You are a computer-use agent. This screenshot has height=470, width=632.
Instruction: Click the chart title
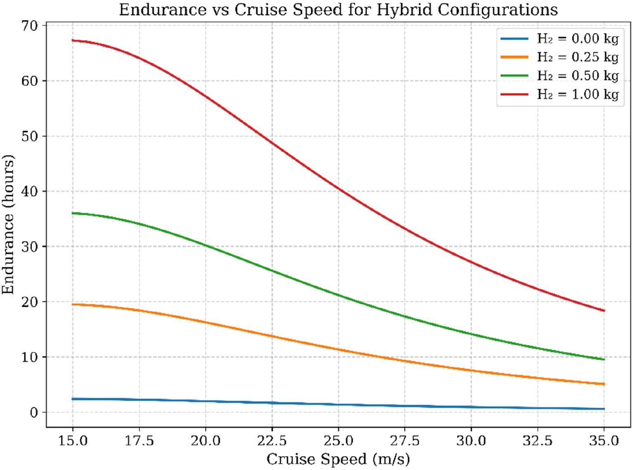click(338, 9)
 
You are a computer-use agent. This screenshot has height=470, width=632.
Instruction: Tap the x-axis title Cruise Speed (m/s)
click(338, 459)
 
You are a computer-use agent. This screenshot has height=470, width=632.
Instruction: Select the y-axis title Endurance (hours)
click(8, 225)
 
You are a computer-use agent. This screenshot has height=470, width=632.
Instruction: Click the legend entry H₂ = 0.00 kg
click(577, 39)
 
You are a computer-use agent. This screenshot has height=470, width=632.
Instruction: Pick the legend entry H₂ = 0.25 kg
click(577, 57)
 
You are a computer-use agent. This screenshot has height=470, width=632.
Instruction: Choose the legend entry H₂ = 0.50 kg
click(577, 76)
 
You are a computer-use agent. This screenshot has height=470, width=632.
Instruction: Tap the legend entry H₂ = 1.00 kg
click(577, 94)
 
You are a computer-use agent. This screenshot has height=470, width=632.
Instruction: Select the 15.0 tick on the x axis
click(73, 441)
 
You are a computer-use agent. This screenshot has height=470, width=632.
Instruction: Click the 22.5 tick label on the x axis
click(272, 441)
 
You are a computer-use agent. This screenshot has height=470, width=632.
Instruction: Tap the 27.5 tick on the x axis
click(405, 441)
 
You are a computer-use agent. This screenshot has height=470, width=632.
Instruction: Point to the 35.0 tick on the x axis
click(604, 441)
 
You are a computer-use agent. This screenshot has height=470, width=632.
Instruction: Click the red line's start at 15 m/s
click(73, 40)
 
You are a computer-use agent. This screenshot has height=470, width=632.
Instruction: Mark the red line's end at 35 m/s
click(604, 311)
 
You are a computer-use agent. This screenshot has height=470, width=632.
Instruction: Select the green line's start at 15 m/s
click(73, 213)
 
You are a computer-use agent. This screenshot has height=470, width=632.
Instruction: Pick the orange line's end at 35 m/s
click(604, 384)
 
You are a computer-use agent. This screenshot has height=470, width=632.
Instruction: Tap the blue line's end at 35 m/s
click(604, 409)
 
